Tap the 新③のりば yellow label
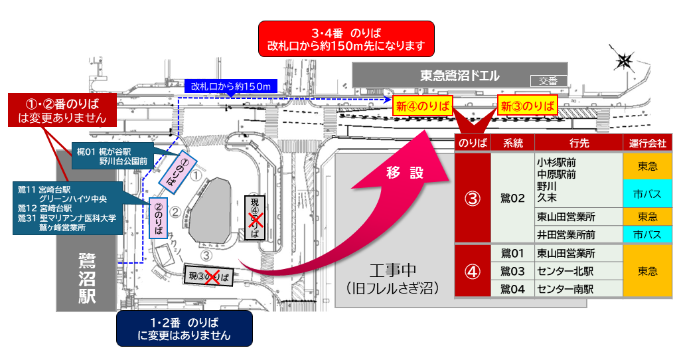click(x=528, y=106)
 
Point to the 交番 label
click(x=548, y=81)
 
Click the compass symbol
click(x=624, y=62)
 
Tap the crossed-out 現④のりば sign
click(x=254, y=217)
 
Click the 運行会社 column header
click(x=647, y=143)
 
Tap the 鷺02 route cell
click(x=512, y=197)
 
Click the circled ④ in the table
click(x=472, y=271)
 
